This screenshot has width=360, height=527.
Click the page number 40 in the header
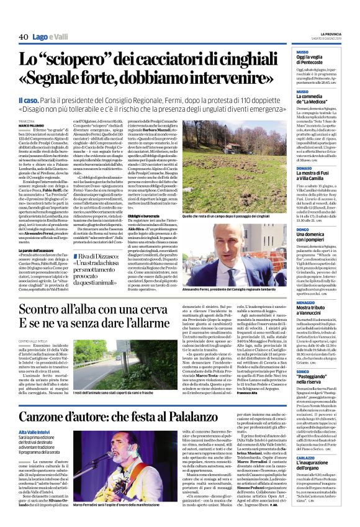pyautogui.click(x=24, y=37)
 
